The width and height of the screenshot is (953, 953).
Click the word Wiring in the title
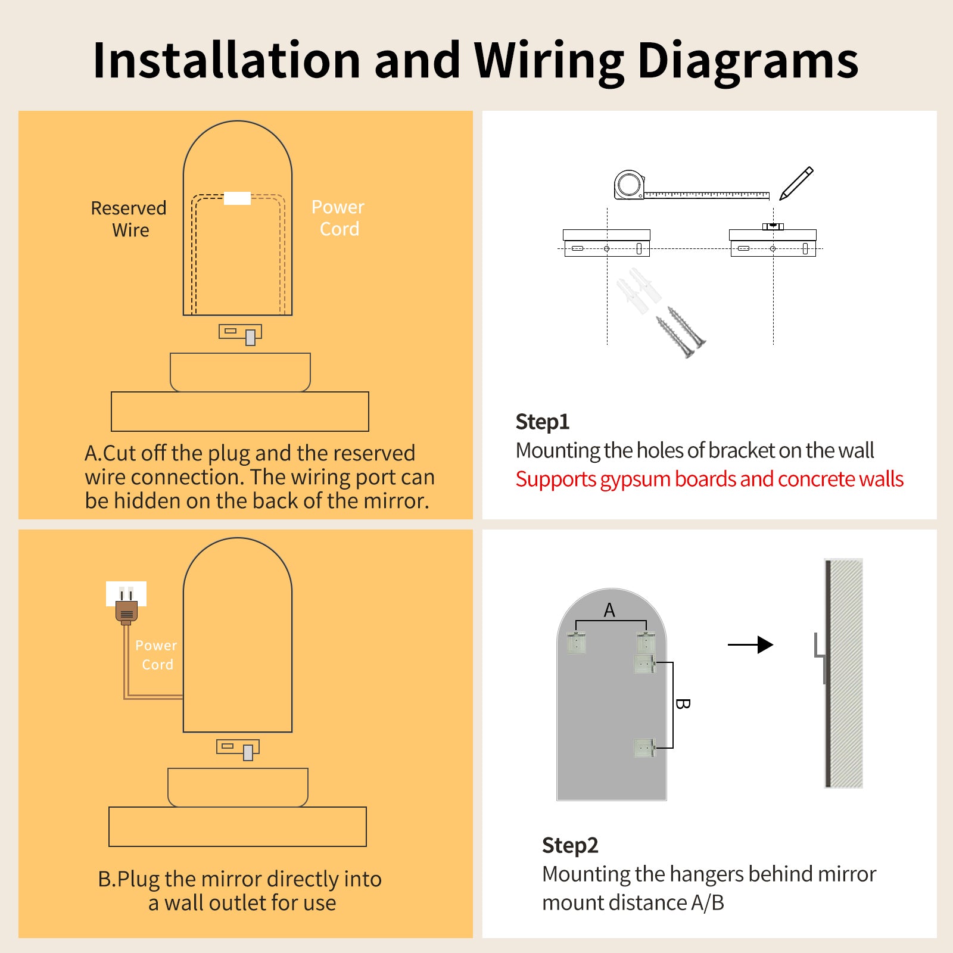point(549,61)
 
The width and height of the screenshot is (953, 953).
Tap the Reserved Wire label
point(129,219)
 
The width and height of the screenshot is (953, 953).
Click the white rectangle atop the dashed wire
point(237,198)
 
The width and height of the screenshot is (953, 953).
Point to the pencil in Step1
point(796,183)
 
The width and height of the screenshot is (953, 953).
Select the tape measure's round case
point(628,184)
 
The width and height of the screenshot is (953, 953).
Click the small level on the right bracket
point(773,226)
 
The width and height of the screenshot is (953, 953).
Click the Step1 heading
point(542,422)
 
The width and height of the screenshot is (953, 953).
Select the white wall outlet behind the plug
point(126,592)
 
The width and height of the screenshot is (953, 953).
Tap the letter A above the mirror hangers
point(609,610)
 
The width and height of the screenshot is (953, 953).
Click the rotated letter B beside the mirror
point(683,704)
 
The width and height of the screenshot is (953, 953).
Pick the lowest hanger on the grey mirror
point(644,748)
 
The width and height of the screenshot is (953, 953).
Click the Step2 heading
point(569,845)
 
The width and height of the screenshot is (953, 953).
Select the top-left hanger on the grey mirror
point(576,643)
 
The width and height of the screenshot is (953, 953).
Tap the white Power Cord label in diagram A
point(338,218)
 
